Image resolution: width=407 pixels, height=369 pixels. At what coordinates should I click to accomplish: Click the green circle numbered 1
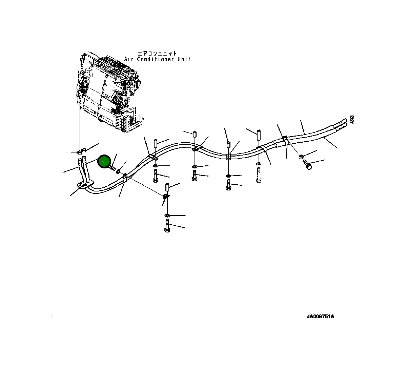[x=104, y=162]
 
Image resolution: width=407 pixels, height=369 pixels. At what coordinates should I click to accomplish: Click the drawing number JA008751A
[x=320, y=317]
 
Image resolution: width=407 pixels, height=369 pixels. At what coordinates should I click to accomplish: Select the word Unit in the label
[x=184, y=59]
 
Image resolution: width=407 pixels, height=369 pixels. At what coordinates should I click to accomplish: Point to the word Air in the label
[x=130, y=59]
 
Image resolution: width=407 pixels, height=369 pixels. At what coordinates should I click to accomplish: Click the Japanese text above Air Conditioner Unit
[x=157, y=53]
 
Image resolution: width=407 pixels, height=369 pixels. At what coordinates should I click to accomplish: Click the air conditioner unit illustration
[x=108, y=91]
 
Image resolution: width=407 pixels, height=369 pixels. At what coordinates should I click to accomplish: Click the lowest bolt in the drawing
[x=167, y=226]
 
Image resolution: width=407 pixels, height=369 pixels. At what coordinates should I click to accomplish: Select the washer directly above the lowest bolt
[x=167, y=216]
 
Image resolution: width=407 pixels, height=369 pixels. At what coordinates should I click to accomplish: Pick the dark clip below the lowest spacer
[x=166, y=196]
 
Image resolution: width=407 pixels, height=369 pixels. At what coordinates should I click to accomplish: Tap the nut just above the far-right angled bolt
[x=301, y=156]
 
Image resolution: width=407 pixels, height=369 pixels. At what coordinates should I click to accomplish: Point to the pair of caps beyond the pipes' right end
[x=352, y=119]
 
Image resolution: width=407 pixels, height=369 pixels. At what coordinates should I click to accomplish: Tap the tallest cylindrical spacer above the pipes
[x=258, y=136]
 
